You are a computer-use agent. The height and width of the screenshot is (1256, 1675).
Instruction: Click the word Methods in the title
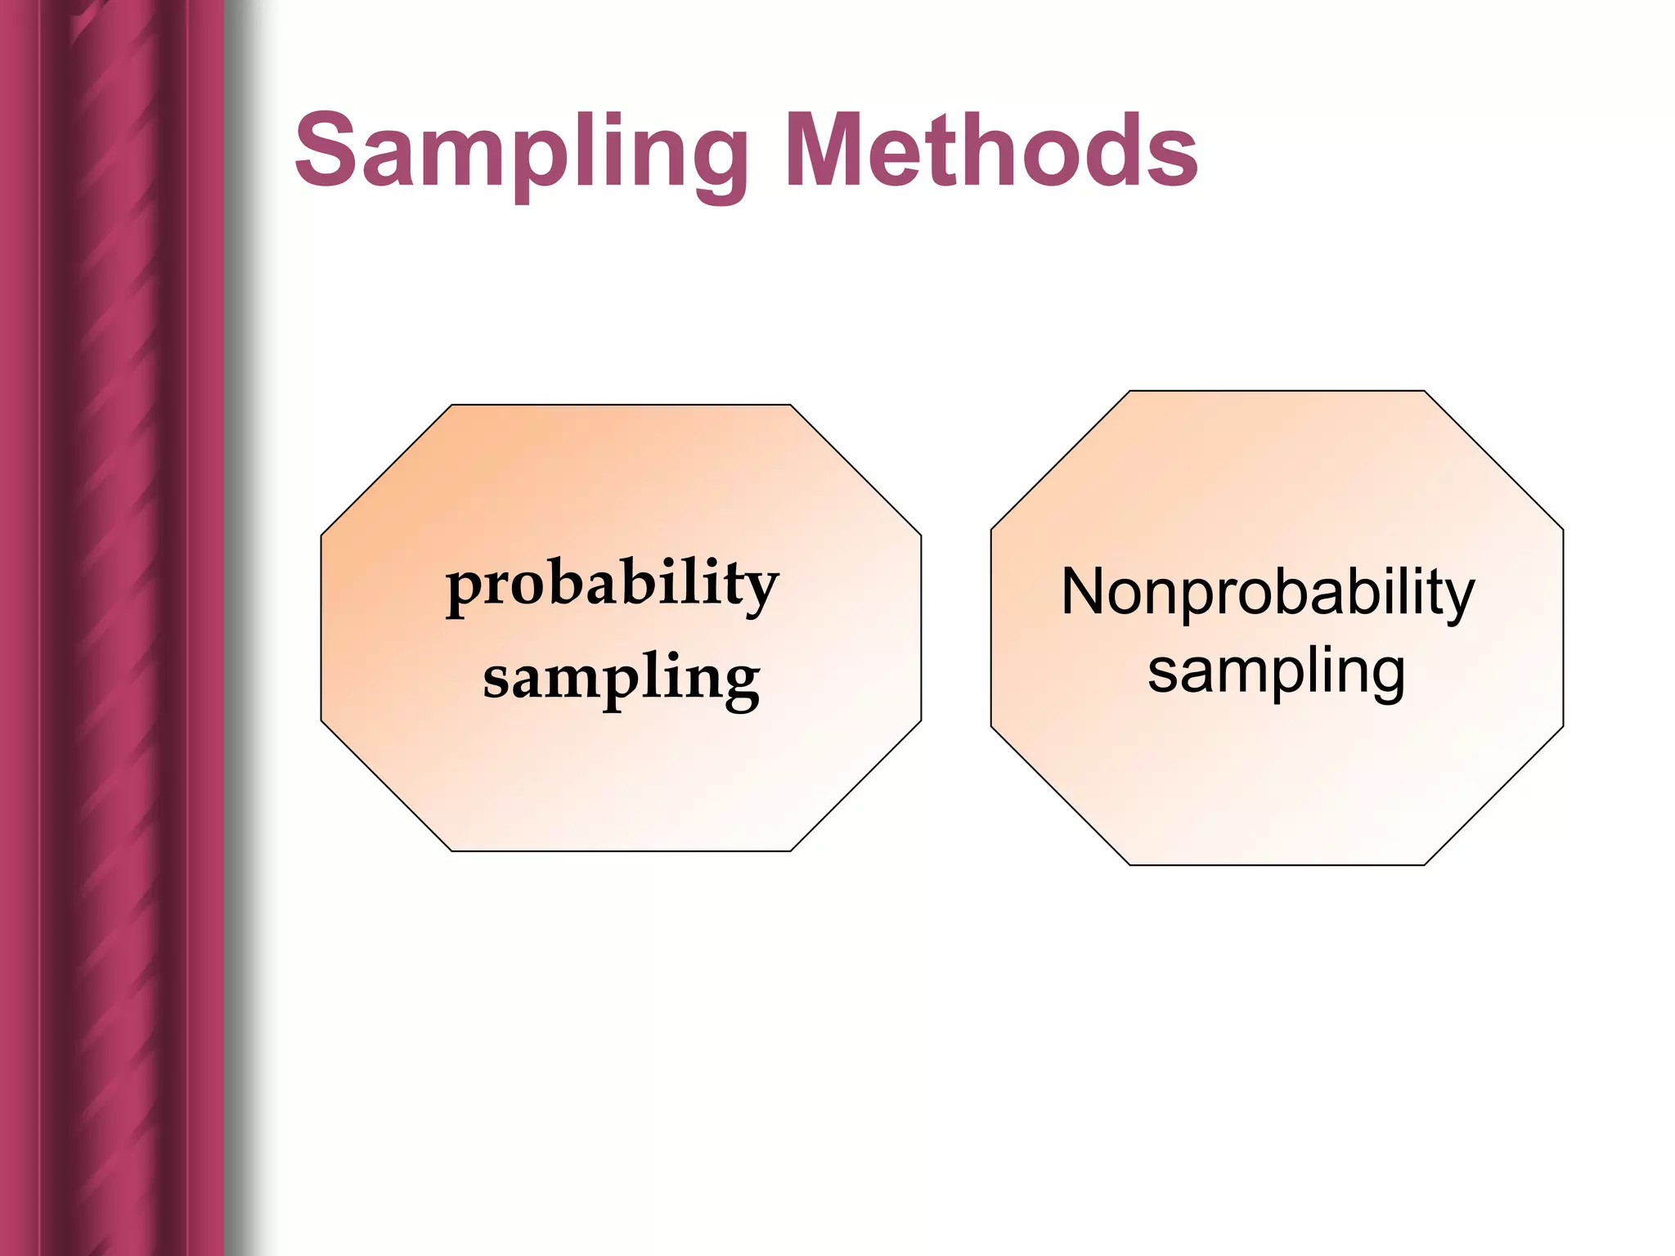coord(991,150)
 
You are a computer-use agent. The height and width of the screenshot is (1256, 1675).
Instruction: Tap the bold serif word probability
coord(613,585)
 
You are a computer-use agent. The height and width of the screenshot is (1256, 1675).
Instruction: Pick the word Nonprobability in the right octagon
coord(1268,593)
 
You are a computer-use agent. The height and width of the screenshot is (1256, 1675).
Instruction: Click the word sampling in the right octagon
coord(1276,672)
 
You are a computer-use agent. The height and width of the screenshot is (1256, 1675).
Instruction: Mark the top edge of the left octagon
coord(622,405)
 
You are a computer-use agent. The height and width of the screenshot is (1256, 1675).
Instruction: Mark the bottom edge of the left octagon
coord(622,851)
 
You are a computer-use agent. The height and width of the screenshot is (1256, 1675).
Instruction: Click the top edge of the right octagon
coord(1276,391)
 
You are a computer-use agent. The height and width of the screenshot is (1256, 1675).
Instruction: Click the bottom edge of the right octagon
coord(1276,865)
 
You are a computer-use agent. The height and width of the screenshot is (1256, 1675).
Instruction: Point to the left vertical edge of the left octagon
coord(321,628)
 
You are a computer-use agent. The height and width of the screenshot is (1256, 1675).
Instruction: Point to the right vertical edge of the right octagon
coord(1563,628)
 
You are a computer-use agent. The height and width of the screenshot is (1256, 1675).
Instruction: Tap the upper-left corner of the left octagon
coord(451,405)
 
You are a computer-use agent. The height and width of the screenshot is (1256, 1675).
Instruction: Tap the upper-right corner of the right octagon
coord(1425,391)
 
